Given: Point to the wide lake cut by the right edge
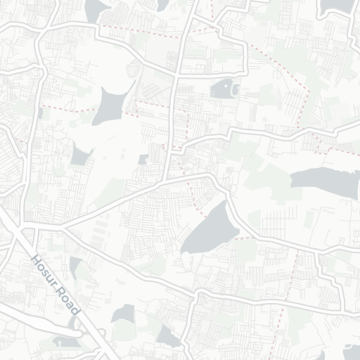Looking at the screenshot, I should pos(323,179).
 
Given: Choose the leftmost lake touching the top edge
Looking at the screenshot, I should pos(94,8).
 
